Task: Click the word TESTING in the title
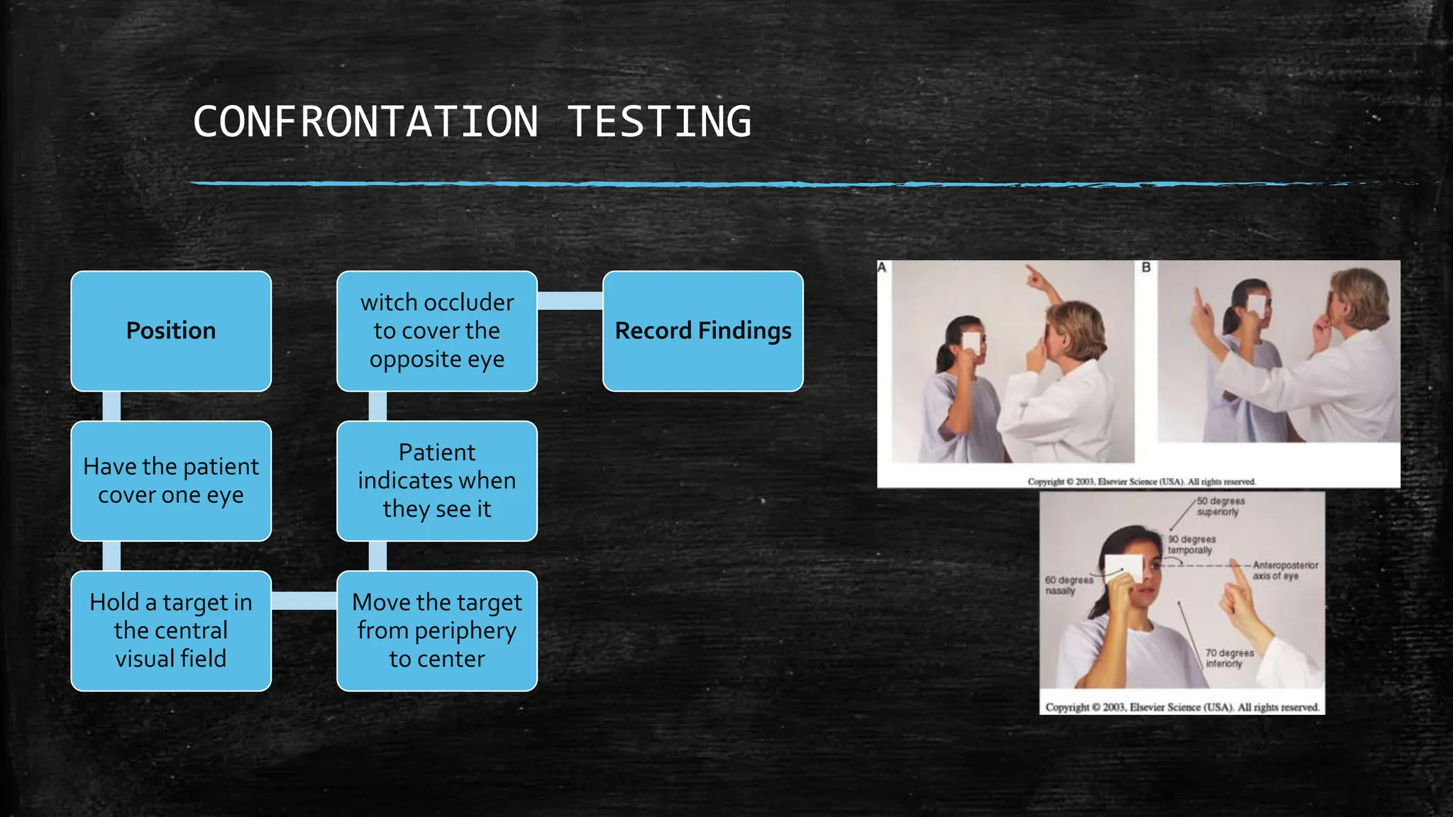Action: click(x=659, y=121)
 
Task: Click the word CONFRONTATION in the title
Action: click(x=365, y=121)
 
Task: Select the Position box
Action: click(x=171, y=331)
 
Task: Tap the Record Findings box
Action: click(x=702, y=331)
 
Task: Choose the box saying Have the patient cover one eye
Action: click(x=171, y=481)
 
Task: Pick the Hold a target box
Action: click(x=171, y=630)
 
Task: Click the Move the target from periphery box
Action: click(x=437, y=630)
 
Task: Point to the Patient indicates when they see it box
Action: click(x=437, y=481)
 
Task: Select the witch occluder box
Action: click(x=437, y=331)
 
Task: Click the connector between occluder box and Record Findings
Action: click(x=570, y=301)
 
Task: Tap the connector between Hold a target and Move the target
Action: click(x=304, y=601)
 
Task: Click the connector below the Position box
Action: click(x=111, y=406)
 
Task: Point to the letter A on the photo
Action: click(x=883, y=267)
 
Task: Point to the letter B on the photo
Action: click(x=1146, y=267)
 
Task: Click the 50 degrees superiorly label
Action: click(x=1220, y=506)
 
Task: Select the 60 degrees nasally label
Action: click(x=1068, y=585)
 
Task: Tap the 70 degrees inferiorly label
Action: click(x=1229, y=658)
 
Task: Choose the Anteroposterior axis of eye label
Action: click(x=1285, y=570)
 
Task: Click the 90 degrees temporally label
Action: click(x=1191, y=545)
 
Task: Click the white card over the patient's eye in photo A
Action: click(x=971, y=343)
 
